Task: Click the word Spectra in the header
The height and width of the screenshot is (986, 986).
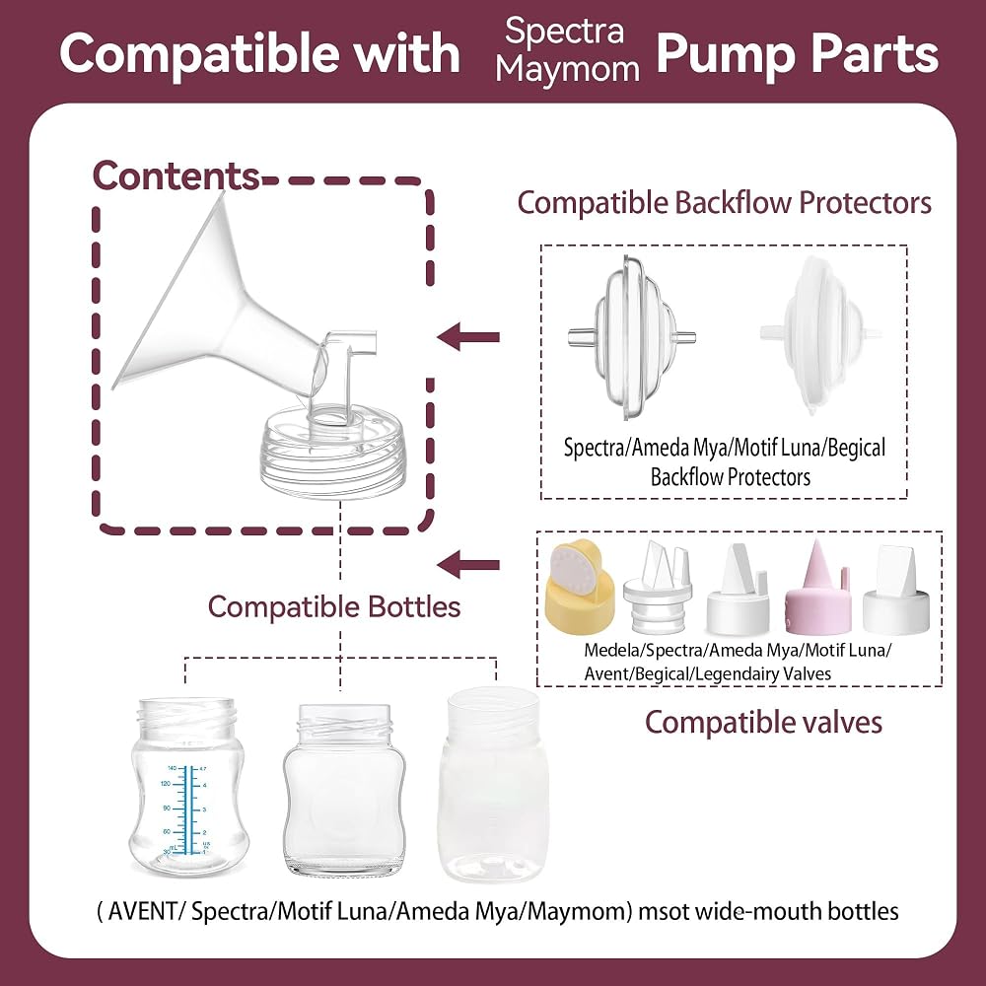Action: tap(564, 31)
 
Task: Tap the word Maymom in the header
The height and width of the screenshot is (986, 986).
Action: tap(567, 69)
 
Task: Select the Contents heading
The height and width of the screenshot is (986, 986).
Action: tap(176, 176)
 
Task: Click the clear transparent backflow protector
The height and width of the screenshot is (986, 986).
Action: tap(632, 337)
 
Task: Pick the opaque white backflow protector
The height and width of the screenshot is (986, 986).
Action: tap(820, 334)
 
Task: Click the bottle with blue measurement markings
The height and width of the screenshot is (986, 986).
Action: tap(188, 786)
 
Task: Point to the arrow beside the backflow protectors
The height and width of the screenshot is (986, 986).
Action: tap(468, 337)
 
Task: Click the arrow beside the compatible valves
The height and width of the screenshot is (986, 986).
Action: tap(468, 565)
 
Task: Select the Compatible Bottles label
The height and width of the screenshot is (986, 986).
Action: tap(334, 606)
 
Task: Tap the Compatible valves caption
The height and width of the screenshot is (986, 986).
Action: tap(763, 722)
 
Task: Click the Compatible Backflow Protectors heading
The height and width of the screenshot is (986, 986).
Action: tap(725, 203)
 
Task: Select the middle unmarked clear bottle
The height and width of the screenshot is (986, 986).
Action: tap(344, 790)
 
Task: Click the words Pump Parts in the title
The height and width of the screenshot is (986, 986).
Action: tap(798, 54)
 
